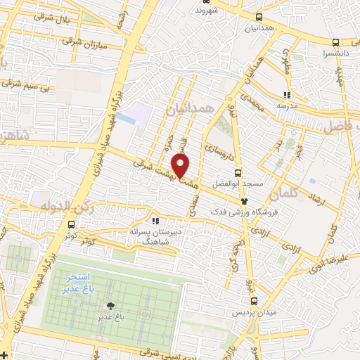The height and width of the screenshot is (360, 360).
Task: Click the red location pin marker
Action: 181,166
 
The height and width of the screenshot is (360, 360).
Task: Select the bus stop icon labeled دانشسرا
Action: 336,41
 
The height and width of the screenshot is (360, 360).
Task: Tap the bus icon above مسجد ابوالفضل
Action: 238,172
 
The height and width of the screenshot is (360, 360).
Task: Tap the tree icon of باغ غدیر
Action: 110,306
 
